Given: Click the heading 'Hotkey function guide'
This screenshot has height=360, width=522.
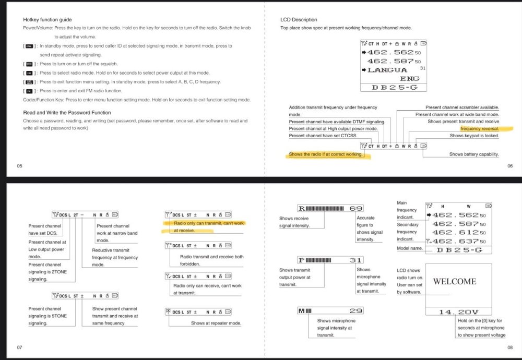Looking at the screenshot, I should [x=48, y=19].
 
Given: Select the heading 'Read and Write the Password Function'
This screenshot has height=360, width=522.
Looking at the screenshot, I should [x=67, y=112].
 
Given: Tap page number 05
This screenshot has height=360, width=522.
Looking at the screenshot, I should [x=19, y=166].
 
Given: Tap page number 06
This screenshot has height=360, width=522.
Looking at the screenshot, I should [x=510, y=166].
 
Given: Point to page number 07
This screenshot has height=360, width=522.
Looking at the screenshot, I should [x=19, y=347].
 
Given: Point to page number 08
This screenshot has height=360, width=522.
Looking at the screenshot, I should [x=510, y=347].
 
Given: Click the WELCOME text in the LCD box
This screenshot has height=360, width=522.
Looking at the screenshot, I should [x=455, y=282].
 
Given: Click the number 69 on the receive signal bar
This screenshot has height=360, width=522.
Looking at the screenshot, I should [x=356, y=208].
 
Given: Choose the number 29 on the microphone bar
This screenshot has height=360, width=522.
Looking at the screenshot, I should [x=356, y=311].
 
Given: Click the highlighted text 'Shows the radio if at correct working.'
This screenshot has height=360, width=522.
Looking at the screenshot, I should [x=326, y=154].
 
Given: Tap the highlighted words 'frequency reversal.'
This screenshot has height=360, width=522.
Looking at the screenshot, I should [x=479, y=128].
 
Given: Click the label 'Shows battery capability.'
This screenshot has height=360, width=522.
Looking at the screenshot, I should [x=474, y=154].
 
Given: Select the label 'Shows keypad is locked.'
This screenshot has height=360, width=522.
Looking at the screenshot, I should [x=474, y=136].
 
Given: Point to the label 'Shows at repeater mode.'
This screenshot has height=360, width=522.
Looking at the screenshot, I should [x=216, y=323].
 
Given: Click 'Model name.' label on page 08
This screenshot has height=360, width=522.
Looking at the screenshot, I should [x=410, y=248].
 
